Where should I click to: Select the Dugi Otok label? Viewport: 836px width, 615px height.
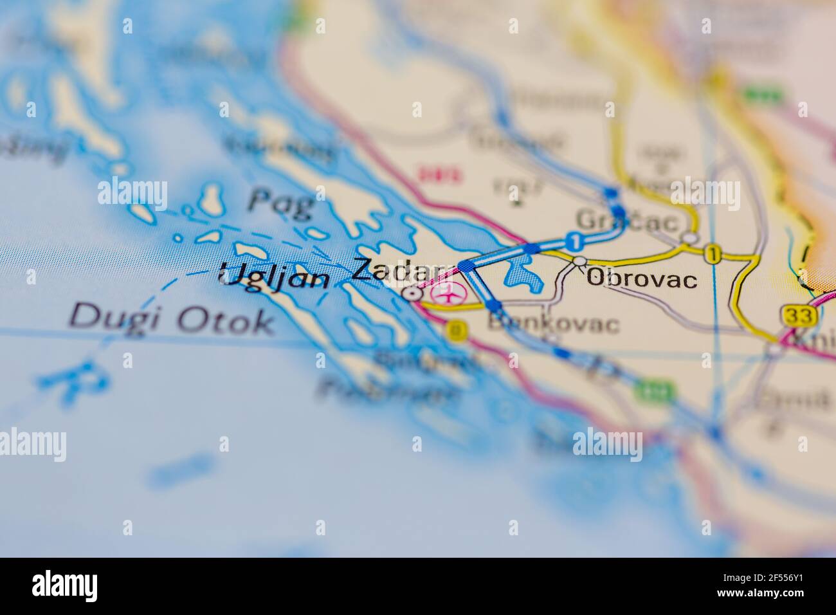tap(170, 319)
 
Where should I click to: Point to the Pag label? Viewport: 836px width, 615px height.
tap(281, 202)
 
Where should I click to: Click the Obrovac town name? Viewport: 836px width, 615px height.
tap(642, 279)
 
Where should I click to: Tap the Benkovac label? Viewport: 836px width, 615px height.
tap(554, 324)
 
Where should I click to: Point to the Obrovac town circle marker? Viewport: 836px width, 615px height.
tap(580, 261)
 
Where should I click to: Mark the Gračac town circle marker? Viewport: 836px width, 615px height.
tap(690, 238)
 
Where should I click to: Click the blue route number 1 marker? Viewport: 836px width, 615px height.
tap(574, 241)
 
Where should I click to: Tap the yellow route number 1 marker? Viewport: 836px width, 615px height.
tap(711, 253)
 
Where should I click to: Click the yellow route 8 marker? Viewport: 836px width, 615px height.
tap(457, 329)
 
